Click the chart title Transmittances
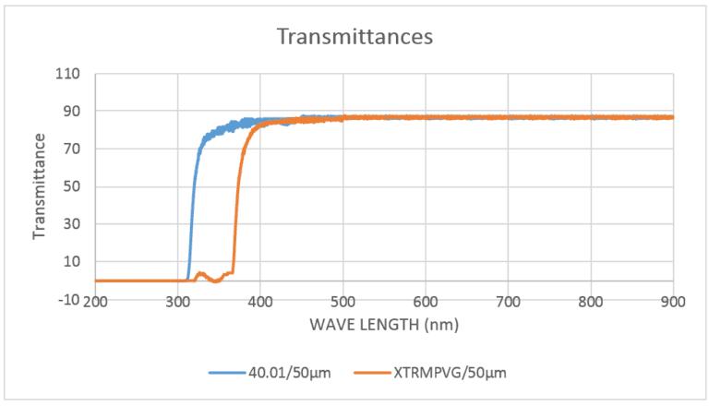click(x=355, y=37)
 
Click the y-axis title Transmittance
click(x=39, y=185)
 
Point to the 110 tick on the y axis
click(x=68, y=74)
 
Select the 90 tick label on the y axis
click(x=72, y=112)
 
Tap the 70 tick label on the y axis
click(x=72, y=149)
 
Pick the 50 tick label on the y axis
click(x=72, y=186)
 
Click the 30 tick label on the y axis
click(x=72, y=224)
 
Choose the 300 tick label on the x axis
click(x=178, y=300)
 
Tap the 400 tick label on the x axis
click(x=260, y=300)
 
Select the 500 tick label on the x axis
click(x=343, y=300)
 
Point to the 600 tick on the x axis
click(x=426, y=300)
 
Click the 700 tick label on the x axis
click(x=509, y=300)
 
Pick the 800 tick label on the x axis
click(x=591, y=300)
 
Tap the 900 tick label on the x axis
click(x=673, y=300)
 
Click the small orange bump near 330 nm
click(x=200, y=274)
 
